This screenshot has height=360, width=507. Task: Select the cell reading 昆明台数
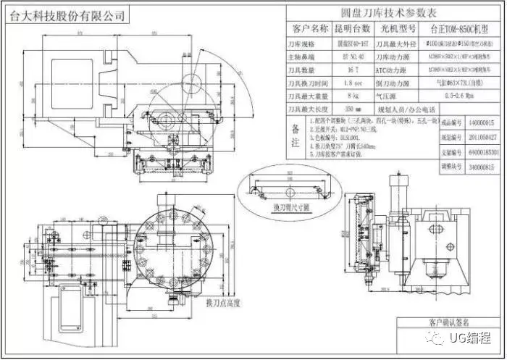tap(351, 28)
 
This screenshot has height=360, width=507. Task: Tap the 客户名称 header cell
tap(309, 28)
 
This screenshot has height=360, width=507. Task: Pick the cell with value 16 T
tap(353, 70)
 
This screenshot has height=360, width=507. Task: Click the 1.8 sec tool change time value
tap(353, 83)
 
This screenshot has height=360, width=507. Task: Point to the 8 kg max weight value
tap(353, 96)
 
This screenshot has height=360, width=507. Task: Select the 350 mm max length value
tap(353, 109)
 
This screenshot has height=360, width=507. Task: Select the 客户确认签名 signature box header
tap(449, 322)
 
